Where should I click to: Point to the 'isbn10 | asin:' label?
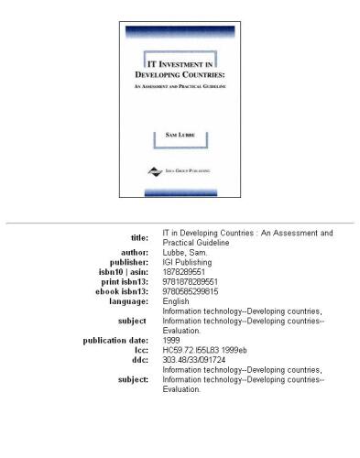(x=124, y=270)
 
